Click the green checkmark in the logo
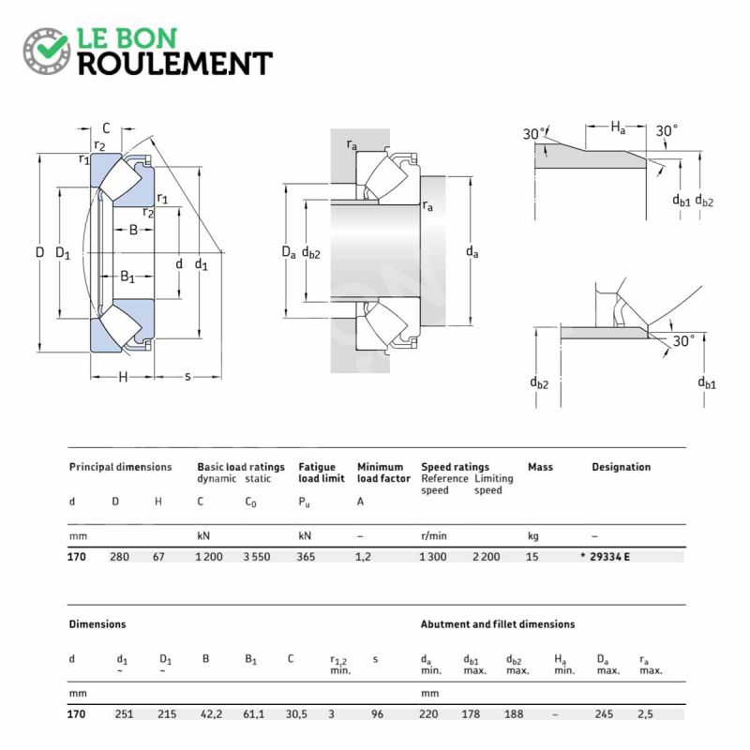click(52, 48)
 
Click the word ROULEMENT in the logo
click(175, 64)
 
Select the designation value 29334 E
click(610, 557)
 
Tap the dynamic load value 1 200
click(209, 557)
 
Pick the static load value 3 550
click(257, 557)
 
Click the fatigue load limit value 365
click(307, 557)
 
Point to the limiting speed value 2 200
click(487, 557)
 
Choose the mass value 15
click(532, 557)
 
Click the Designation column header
click(622, 467)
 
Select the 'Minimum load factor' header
click(383, 472)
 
